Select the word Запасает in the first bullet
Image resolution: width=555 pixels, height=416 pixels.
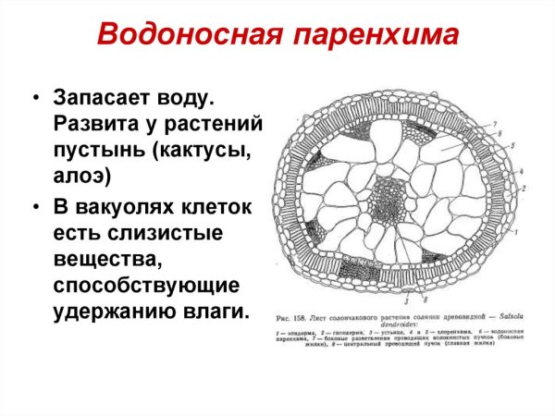point(104,97)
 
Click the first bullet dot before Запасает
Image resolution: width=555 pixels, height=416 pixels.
point(35,98)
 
